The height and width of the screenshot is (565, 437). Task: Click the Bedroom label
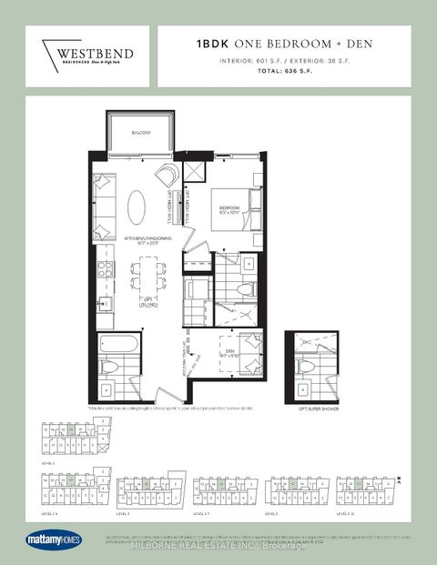(x=229, y=208)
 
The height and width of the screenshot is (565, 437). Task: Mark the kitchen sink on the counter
(x=104, y=303)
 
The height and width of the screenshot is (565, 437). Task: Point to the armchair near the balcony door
(x=168, y=177)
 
